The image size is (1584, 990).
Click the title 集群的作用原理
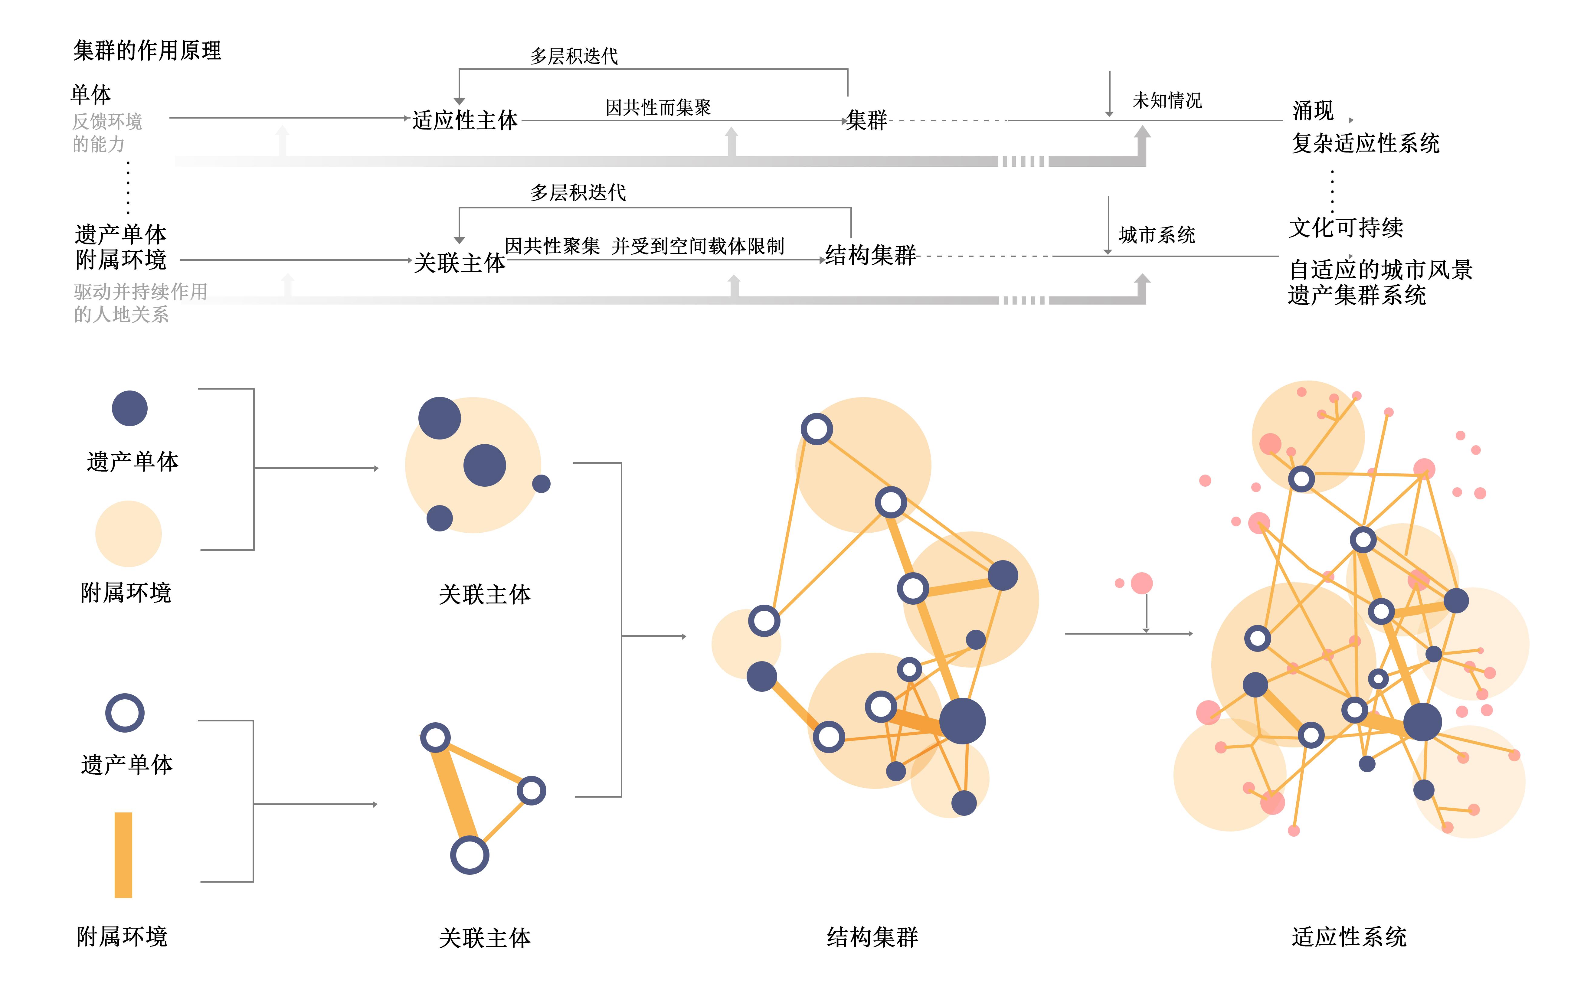[147, 51]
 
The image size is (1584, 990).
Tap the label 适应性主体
[465, 120]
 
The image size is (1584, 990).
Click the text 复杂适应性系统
[1365, 143]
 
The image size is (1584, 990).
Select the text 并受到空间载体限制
[698, 246]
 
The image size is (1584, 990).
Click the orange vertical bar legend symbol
[123, 854]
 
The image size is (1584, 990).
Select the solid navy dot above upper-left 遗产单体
[130, 409]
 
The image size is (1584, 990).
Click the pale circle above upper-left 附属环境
[128, 534]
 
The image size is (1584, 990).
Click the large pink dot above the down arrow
[1141, 583]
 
